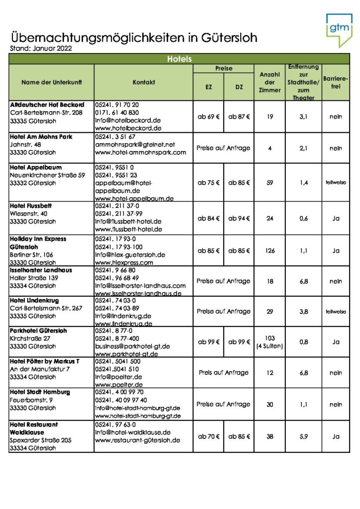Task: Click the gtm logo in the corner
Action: click(x=338, y=29)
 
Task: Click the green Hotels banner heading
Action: click(x=180, y=59)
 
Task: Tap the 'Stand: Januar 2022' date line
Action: click(x=41, y=49)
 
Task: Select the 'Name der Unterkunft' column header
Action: click(x=51, y=82)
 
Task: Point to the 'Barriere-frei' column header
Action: click(x=336, y=82)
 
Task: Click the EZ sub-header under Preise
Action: click(x=208, y=87)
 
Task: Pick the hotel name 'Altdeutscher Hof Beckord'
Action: click(x=47, y=105)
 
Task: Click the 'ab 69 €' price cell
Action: click(x=208, y=117)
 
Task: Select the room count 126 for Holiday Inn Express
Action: click(x=270, y=251)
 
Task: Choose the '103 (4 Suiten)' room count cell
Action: click(x=270, y=341)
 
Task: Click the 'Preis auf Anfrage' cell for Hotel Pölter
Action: click(x=223, y=372)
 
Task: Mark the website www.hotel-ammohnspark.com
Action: click(x=140, y=152)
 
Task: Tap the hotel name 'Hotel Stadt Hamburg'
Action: click(x=40, y=392)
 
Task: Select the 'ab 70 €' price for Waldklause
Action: click(x=208, y=436)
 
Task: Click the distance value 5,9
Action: click(x=303, y=436)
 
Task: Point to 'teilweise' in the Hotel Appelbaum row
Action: click(x=336, y=182)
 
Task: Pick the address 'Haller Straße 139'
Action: click(x=34, y=278)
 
